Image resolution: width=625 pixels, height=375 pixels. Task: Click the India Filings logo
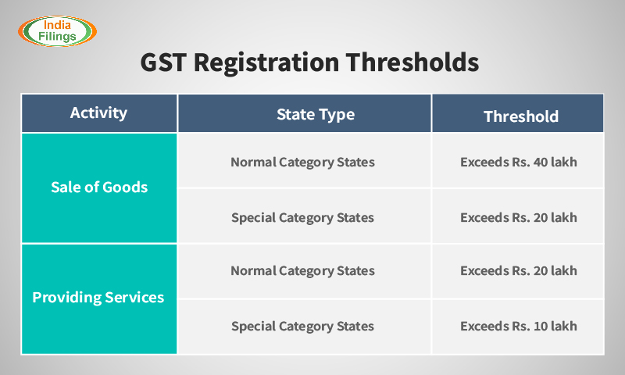point(57,30)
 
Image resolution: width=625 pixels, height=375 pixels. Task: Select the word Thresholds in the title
point(419,63)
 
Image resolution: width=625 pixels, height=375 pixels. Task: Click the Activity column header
point(98,113)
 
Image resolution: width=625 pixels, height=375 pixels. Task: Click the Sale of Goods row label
point(98,187)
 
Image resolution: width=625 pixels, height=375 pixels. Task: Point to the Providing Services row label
point(98,298)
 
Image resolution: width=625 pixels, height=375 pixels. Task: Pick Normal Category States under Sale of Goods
point(302,162)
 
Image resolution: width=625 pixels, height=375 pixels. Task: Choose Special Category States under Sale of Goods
point(302,217)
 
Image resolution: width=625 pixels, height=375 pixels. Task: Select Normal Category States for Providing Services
point(302,271)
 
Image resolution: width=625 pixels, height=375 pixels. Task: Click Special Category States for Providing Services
point(302,326)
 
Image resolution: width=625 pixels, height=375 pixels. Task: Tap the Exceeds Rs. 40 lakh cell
point(518,162)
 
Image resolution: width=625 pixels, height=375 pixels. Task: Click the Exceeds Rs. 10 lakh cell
point(518,326)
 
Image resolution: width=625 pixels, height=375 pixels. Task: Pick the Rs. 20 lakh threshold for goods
point(518,217)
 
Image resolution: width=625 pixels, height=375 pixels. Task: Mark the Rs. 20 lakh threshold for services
point(518,271)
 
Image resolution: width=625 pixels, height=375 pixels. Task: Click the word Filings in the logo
point(57,37)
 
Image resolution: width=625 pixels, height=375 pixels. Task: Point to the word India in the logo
point(57,23)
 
